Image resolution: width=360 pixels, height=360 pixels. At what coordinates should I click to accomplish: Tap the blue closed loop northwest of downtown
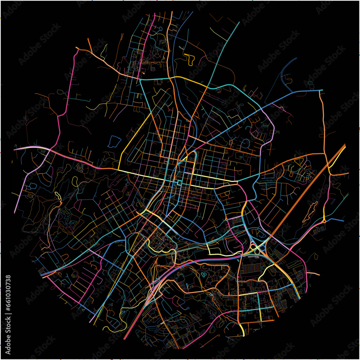[114, 141]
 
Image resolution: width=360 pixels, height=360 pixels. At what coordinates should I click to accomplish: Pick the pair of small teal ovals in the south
[204, 275]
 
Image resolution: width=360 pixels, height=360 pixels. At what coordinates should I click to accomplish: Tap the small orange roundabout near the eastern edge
[324, 221]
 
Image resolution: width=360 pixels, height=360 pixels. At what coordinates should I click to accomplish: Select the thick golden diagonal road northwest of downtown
[135, 137]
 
